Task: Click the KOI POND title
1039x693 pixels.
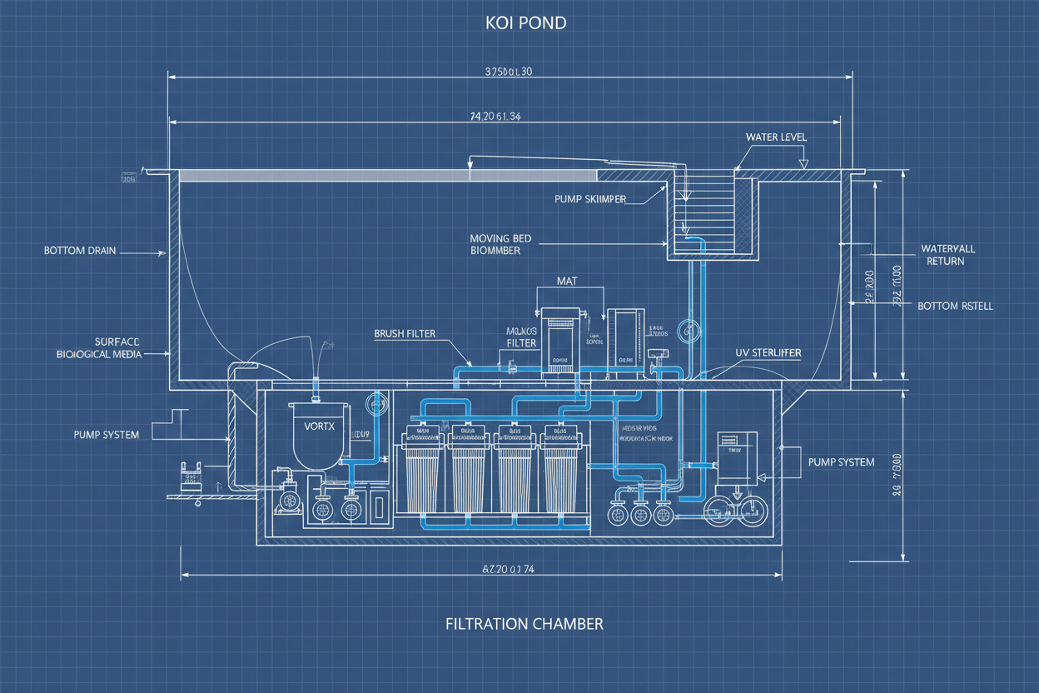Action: (525, 22)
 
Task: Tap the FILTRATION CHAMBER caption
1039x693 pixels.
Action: (524, 623)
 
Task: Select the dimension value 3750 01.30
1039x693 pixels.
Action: (508, 72)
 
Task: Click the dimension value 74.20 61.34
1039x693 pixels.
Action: (495, 117)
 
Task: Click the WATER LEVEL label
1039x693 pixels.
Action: (775, 137)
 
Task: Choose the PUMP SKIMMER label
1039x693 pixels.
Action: (589, 199)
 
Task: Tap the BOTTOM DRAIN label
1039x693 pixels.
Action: (80, 250)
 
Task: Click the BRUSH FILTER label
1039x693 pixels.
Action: (405, 333)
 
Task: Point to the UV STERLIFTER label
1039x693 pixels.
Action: (768, 352)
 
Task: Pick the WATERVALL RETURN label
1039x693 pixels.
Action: (947, 255)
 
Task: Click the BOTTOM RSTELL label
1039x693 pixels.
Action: (955, 306)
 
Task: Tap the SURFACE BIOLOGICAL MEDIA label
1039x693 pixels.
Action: (99, 347)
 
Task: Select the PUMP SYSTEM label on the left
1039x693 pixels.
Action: (106, 434)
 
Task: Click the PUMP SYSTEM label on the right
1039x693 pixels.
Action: (841, 461)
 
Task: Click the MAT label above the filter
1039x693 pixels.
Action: (567, 282)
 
